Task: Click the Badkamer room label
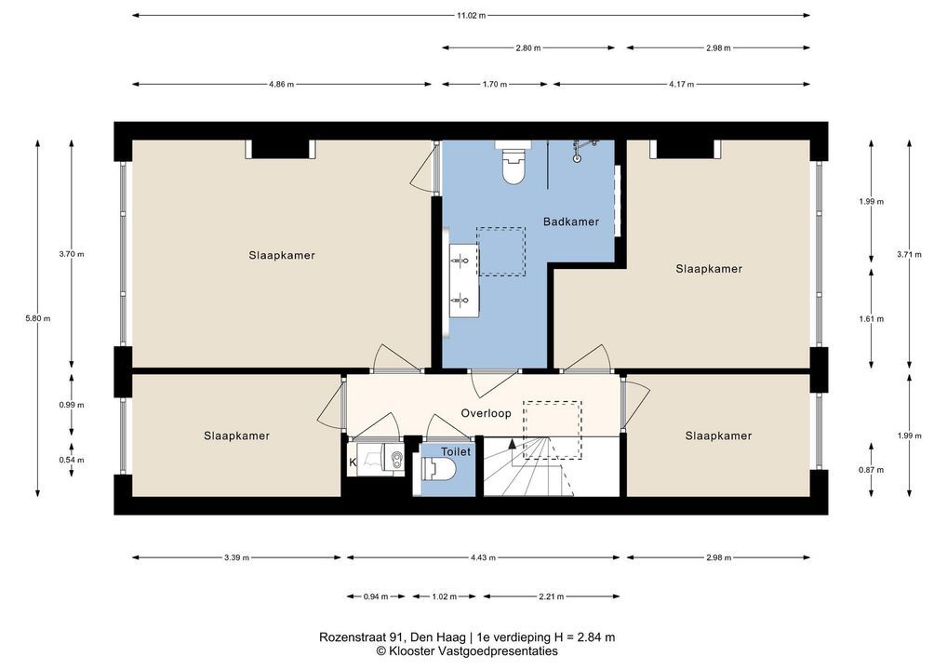(571, 221)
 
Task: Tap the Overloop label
(486, 413)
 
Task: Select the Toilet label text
(456, 452)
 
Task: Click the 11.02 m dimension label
(471, 16)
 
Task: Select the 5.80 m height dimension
(38, 318)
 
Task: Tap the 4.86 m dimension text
(282, 85)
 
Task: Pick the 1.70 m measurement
(495, 85)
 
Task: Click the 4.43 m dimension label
(483, 557)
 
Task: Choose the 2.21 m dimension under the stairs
(552, 596)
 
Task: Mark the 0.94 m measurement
(376, 596)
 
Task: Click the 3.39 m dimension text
(236, 557)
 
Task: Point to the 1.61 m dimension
(871, 319)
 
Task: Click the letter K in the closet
(353, 462)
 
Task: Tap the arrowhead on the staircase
(513, 444)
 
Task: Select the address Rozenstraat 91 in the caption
(363, 637)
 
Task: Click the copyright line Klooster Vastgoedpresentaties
(467, 651)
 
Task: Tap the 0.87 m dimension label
(871, 470)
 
